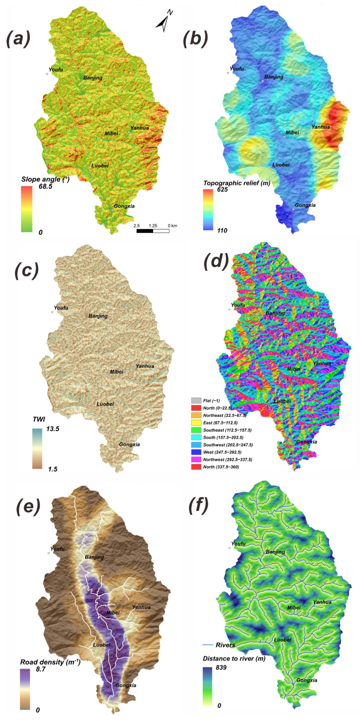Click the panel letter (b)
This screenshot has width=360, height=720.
click(x=195, y=38)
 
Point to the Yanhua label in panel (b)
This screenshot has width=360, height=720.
click(x=320, y=127)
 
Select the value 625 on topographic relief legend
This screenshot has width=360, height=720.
click(x=222, y=190)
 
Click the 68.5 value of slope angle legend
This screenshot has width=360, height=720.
click(x=45, y=186)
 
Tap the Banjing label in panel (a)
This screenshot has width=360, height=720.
click(x=93, y=78)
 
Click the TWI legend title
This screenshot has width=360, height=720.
click(x=39, y=419)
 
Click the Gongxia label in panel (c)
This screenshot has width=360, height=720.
click(x=129, y=444)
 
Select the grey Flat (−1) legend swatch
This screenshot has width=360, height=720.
click(x=196, y=400)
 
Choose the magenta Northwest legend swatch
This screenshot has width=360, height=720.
click(x=196, y=460)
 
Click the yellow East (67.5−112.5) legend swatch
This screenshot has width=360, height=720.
click(x=196, y=423)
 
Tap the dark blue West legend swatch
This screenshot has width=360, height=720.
click(x=196, y=452)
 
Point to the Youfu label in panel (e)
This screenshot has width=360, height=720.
click(x=57, y=549)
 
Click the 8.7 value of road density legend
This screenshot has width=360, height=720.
click(x=41, y=669)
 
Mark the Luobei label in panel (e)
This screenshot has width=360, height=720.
click(x=101, y=645)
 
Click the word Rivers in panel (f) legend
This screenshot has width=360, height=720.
click(x=225, y=645)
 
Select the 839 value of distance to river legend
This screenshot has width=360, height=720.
click(x=221, y=667)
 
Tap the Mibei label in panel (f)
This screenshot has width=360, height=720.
click(x=294, y=607)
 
